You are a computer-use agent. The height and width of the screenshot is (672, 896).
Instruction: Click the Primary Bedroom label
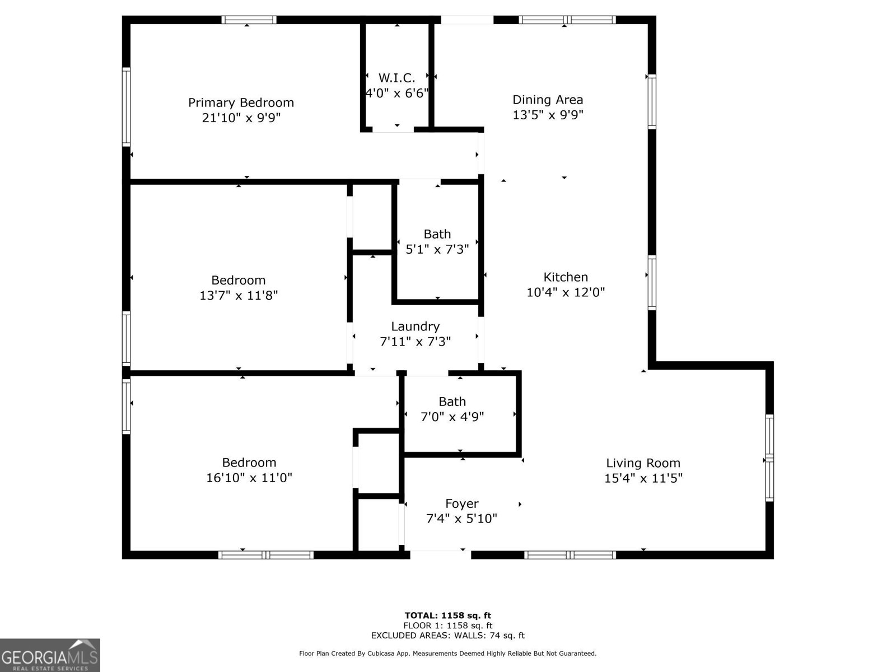241,103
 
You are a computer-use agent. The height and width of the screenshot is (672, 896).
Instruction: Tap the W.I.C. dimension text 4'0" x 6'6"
396,93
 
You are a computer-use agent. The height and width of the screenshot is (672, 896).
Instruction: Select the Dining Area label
548,100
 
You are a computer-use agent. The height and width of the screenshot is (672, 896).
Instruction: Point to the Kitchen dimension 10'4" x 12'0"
566,292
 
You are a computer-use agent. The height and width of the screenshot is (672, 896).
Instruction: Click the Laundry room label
415,326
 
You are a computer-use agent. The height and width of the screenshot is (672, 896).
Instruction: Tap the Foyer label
461,504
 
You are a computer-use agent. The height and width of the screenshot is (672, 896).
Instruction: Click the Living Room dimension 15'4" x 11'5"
643,478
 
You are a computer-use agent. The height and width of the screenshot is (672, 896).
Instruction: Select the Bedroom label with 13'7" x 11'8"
238,281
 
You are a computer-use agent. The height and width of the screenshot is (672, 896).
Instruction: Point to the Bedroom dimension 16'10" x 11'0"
249,478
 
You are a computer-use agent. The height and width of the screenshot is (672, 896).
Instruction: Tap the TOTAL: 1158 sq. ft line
447,615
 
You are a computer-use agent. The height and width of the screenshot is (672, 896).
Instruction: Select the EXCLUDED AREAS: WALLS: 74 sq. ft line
447,636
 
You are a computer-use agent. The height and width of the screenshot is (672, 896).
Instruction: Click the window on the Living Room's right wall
769,458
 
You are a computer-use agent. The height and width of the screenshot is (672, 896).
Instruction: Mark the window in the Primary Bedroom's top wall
249,20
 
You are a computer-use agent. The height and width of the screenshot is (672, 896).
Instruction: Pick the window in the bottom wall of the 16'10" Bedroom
265,555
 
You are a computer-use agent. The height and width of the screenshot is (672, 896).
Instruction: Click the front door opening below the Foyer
441,554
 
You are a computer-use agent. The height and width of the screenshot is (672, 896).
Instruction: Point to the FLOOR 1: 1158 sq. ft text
447,626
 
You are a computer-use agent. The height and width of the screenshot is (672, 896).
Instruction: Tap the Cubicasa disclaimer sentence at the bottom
447,654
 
